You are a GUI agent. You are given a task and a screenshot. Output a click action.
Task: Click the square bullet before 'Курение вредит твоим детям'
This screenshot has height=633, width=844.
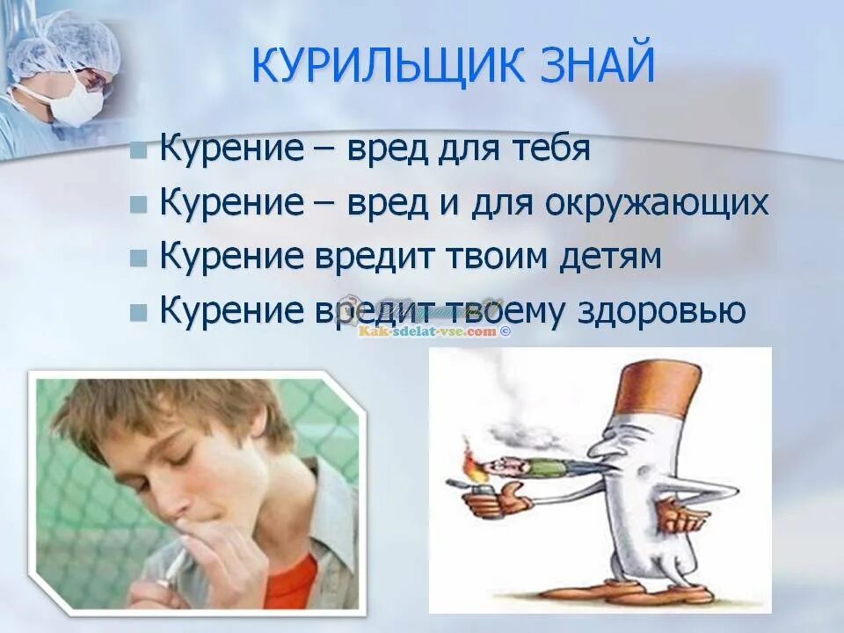[x=139, y=258]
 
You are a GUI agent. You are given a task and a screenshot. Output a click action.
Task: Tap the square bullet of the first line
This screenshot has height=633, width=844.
[x=139, y=149]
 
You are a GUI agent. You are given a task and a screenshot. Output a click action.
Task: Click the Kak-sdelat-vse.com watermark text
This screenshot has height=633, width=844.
[x=429, y=331]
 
